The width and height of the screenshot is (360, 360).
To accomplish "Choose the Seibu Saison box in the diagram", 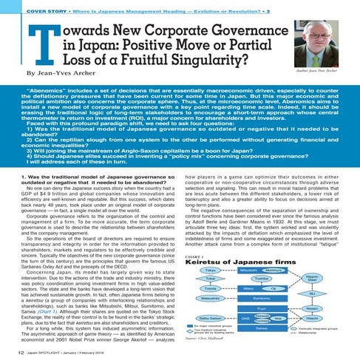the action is click(211, 318).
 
